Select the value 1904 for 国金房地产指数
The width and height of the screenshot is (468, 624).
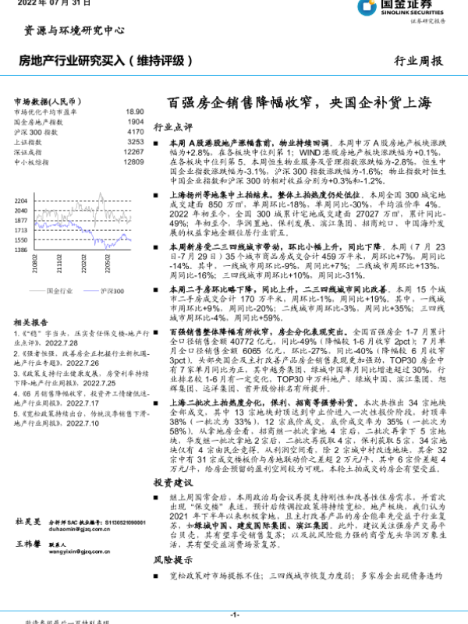click(135, 122)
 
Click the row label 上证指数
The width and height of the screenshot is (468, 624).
click(29, 142)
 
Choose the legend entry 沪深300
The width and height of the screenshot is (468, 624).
click(108, 289)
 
